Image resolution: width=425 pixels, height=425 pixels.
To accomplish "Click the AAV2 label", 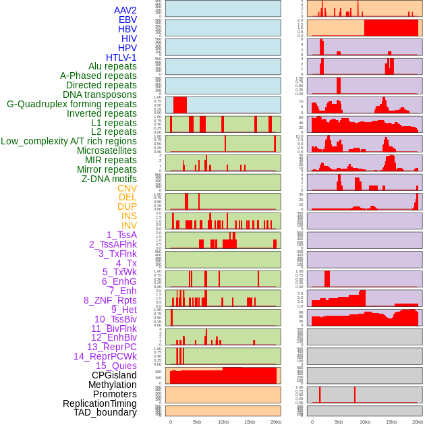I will tap(125, 10).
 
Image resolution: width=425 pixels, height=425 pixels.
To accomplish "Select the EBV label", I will tap(128, 20).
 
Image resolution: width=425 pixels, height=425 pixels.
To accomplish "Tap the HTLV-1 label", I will tap(121, 57).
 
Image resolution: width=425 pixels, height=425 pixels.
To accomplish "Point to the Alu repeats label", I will tap(113, 66).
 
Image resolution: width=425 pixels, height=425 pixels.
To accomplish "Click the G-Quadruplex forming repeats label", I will tap(72, 104).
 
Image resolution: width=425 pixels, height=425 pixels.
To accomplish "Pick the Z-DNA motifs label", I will tap(109, 179).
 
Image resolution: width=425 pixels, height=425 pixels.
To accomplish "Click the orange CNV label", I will tap(127, 188).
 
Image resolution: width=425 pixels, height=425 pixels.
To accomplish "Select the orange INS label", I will tap(129, 216).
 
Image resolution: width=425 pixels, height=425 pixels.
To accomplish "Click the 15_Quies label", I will tap(116, 366).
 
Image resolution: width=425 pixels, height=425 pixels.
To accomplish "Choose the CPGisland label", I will tap(114, 375).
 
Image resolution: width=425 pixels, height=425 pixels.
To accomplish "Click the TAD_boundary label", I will tap(105, 412).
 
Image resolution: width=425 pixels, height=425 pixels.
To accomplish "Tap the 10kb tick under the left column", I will tap(223, 422).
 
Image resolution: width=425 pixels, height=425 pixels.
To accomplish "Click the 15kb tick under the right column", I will tap(391, 422).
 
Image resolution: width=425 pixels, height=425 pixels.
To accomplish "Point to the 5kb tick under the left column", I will tap(197, 422).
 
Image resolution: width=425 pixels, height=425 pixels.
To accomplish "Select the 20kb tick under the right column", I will tap(418, 422).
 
